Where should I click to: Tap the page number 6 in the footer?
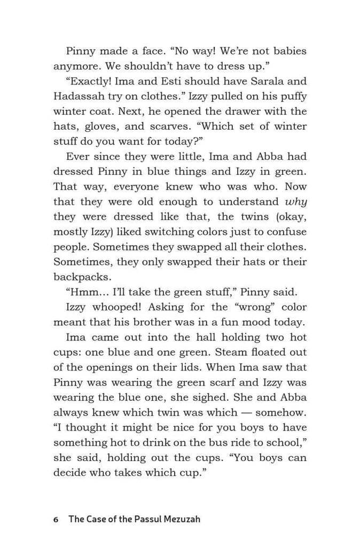tap(56, 519)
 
